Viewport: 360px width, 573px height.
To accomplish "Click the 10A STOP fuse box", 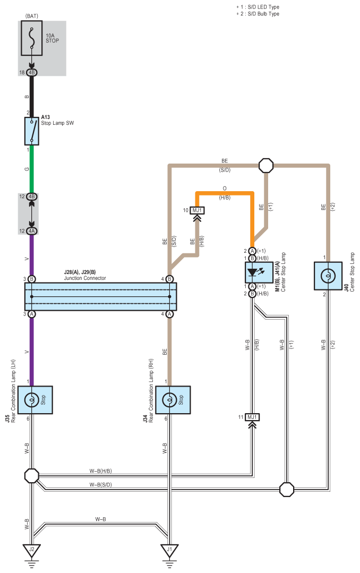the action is pos(32,38).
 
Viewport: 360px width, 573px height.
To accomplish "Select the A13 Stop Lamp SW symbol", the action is pos(32,131).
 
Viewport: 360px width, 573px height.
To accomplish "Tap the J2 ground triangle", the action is pos(32,550).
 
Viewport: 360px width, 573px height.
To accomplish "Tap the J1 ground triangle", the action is pos(169,550).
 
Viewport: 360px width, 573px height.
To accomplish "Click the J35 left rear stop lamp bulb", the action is pos(32,400).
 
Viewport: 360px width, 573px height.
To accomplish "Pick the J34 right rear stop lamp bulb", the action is pos(169,400).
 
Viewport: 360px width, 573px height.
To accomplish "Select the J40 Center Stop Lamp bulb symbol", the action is pos(328,276).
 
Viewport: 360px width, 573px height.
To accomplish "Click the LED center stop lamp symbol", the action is pos(259,272).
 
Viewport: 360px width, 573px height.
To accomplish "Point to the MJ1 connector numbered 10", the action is pos(198,210).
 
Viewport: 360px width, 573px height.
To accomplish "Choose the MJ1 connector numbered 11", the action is pos(252,417).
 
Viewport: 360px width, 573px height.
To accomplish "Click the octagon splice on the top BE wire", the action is pos(266,166).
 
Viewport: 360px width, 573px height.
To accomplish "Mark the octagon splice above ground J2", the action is pos(32,476).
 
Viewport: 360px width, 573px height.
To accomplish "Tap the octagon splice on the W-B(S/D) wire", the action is pos(287,489).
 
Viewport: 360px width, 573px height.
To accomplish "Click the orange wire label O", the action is pos(225,188).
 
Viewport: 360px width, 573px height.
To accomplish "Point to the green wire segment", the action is pos(32,169).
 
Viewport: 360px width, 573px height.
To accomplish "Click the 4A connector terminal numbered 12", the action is pos(32,231).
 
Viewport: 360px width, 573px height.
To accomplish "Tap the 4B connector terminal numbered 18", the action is pos(32,72).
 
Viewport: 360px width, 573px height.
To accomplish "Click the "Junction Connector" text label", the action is pos(85,278).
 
